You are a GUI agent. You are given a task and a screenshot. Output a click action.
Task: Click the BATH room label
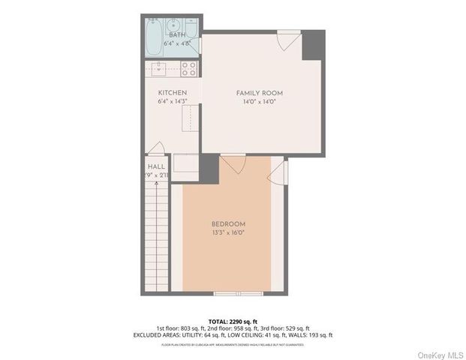176,35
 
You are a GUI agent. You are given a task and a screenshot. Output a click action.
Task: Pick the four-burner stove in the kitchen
188,70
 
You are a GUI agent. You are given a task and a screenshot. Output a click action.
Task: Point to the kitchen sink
160,69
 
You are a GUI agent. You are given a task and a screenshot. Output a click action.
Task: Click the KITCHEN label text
172,93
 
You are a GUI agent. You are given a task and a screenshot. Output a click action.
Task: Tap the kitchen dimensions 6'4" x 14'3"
172,101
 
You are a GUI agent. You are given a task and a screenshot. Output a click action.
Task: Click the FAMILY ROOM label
259,93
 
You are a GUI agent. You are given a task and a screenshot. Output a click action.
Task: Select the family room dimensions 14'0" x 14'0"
259,101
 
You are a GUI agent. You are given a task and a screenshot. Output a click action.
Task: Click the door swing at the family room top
286,40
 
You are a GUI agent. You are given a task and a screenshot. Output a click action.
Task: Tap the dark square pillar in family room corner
313,45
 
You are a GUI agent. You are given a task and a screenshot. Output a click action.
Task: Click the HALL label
156,166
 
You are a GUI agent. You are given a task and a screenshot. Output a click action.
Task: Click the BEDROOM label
228,224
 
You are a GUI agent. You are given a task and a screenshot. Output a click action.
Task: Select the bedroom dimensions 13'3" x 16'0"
228,232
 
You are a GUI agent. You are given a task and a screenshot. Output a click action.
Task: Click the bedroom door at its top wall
233,163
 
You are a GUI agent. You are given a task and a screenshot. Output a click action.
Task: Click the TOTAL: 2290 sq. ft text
233,321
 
